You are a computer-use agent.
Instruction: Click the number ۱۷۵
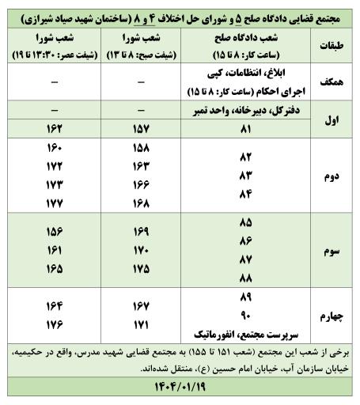142,268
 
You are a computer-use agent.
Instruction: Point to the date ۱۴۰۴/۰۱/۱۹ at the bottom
180,389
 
